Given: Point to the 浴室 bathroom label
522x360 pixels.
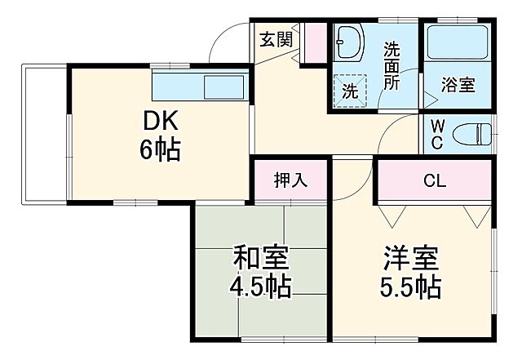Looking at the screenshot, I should point(458,83).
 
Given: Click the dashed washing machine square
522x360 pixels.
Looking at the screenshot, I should point(349,91).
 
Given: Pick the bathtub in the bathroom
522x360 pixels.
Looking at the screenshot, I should point(456,41).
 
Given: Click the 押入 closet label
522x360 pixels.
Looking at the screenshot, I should point(290,180).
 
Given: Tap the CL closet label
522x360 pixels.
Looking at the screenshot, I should point(434,181).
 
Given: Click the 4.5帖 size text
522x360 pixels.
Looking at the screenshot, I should point(261,288).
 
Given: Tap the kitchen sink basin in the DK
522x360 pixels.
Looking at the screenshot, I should point(222,87).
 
